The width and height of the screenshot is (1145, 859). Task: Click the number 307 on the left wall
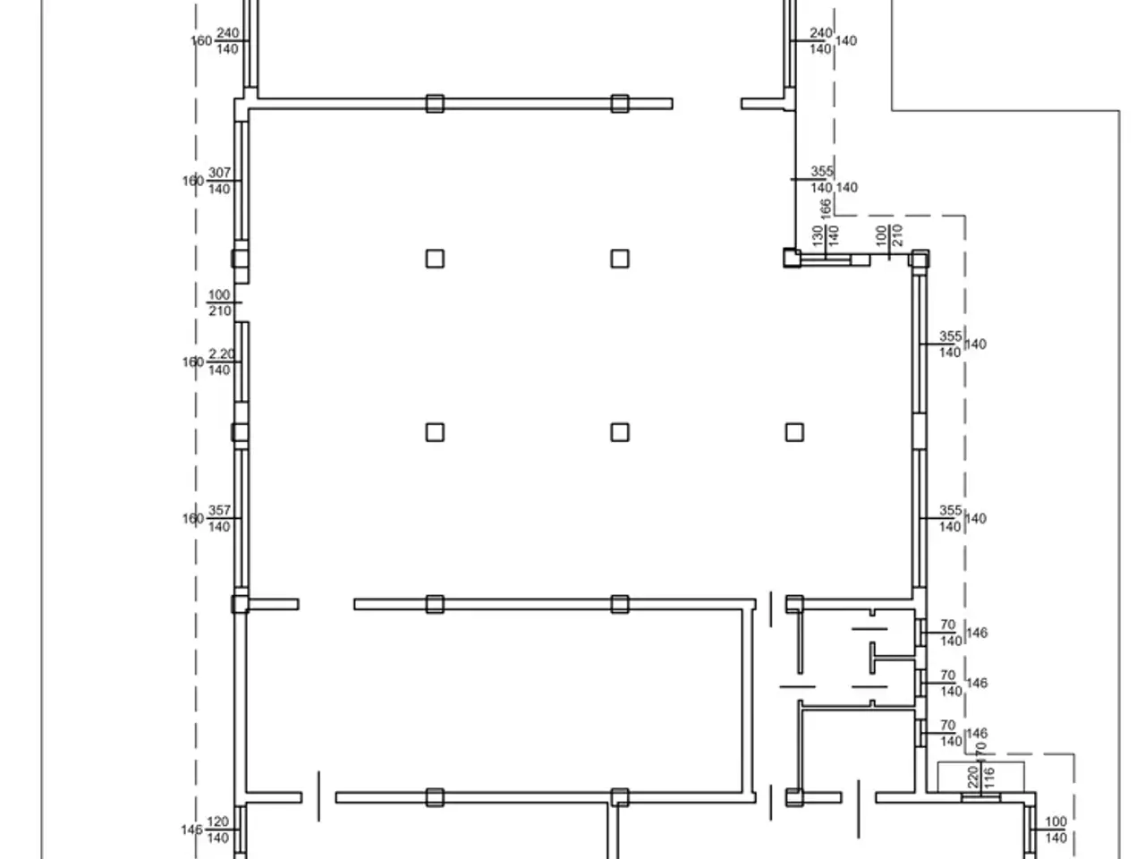219,172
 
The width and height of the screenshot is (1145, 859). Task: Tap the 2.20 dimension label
221,354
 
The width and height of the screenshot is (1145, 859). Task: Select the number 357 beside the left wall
219,510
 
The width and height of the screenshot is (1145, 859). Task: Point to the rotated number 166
826,208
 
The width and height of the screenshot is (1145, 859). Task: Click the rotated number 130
818,235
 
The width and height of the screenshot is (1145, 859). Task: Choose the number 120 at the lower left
217,822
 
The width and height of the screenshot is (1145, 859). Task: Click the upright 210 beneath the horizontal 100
220,310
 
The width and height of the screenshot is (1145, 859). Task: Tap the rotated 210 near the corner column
897,235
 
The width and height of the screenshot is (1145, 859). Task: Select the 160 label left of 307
192,181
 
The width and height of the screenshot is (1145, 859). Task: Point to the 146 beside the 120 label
191,829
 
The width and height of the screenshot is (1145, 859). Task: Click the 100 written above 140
1056,822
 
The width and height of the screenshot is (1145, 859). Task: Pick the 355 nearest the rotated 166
821,171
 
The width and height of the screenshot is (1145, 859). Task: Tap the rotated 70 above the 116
980,750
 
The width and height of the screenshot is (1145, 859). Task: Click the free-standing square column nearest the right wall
794,432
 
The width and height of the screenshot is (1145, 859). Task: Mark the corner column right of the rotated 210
919,259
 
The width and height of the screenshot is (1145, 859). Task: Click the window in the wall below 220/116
980,797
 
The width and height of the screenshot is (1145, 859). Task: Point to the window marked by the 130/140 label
826,259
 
